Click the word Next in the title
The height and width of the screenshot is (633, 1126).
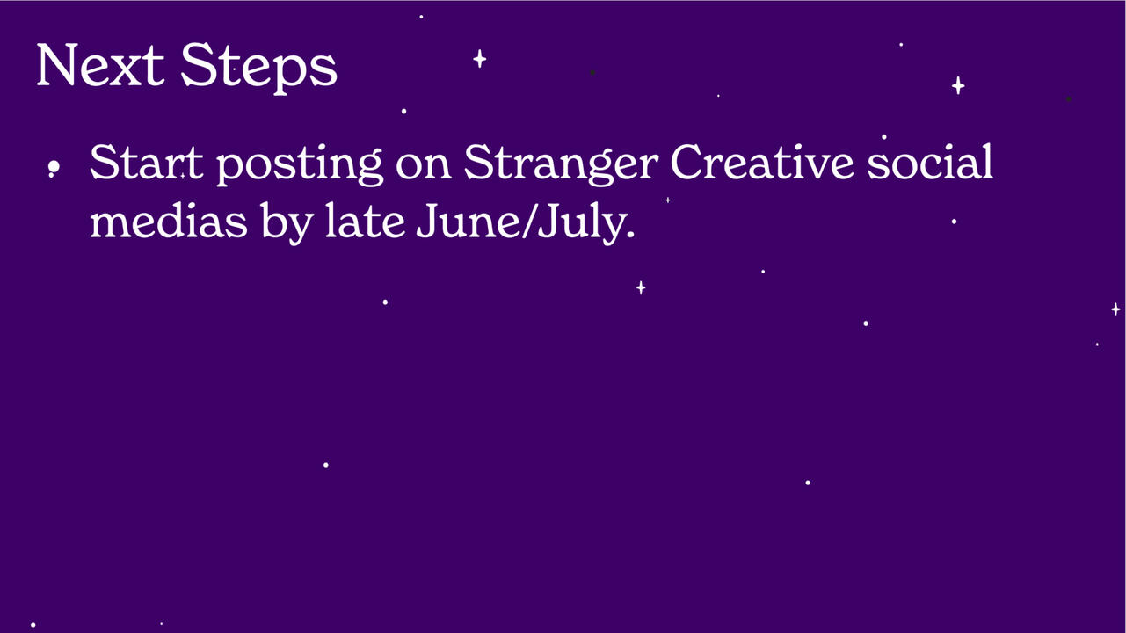coord(100,65)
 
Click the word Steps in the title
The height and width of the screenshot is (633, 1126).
coord(258,69)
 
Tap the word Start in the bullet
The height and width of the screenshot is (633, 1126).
coord(146,162)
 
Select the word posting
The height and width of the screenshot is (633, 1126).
coord(300,165)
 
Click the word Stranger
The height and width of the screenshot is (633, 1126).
coord(561,165)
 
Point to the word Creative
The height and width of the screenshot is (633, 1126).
coord(762,162)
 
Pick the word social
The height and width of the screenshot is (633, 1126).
coord(930,161)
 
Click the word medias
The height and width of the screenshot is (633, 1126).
coord(169,220)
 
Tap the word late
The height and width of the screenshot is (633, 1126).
coord(365,220)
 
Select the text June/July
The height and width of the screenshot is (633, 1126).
coord(526,223)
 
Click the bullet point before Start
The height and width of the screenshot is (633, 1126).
coord(54,166)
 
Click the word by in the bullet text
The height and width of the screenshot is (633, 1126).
coord(287,222)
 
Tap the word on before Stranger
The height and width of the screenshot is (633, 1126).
coord(423,168)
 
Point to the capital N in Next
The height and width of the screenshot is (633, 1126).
coord(57,65)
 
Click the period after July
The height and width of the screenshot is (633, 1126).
coord(631,234)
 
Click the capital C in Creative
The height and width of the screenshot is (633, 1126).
coord(688,162)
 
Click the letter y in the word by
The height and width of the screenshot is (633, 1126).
coord(301,228)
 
